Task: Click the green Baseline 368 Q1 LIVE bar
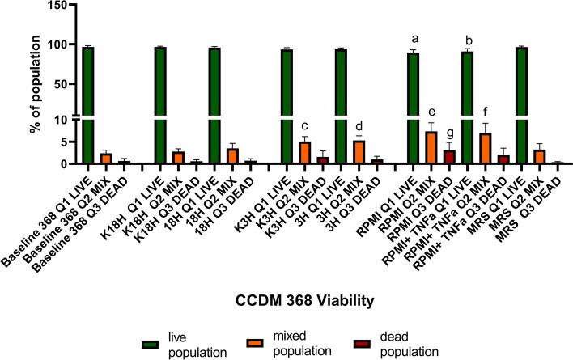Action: tap(88, 105)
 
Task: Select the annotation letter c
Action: tap(305, 125)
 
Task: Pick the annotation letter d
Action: tap(359, 125)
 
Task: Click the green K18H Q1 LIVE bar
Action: tap(160, 105)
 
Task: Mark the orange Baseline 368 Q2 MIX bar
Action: tap(106, 159)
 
